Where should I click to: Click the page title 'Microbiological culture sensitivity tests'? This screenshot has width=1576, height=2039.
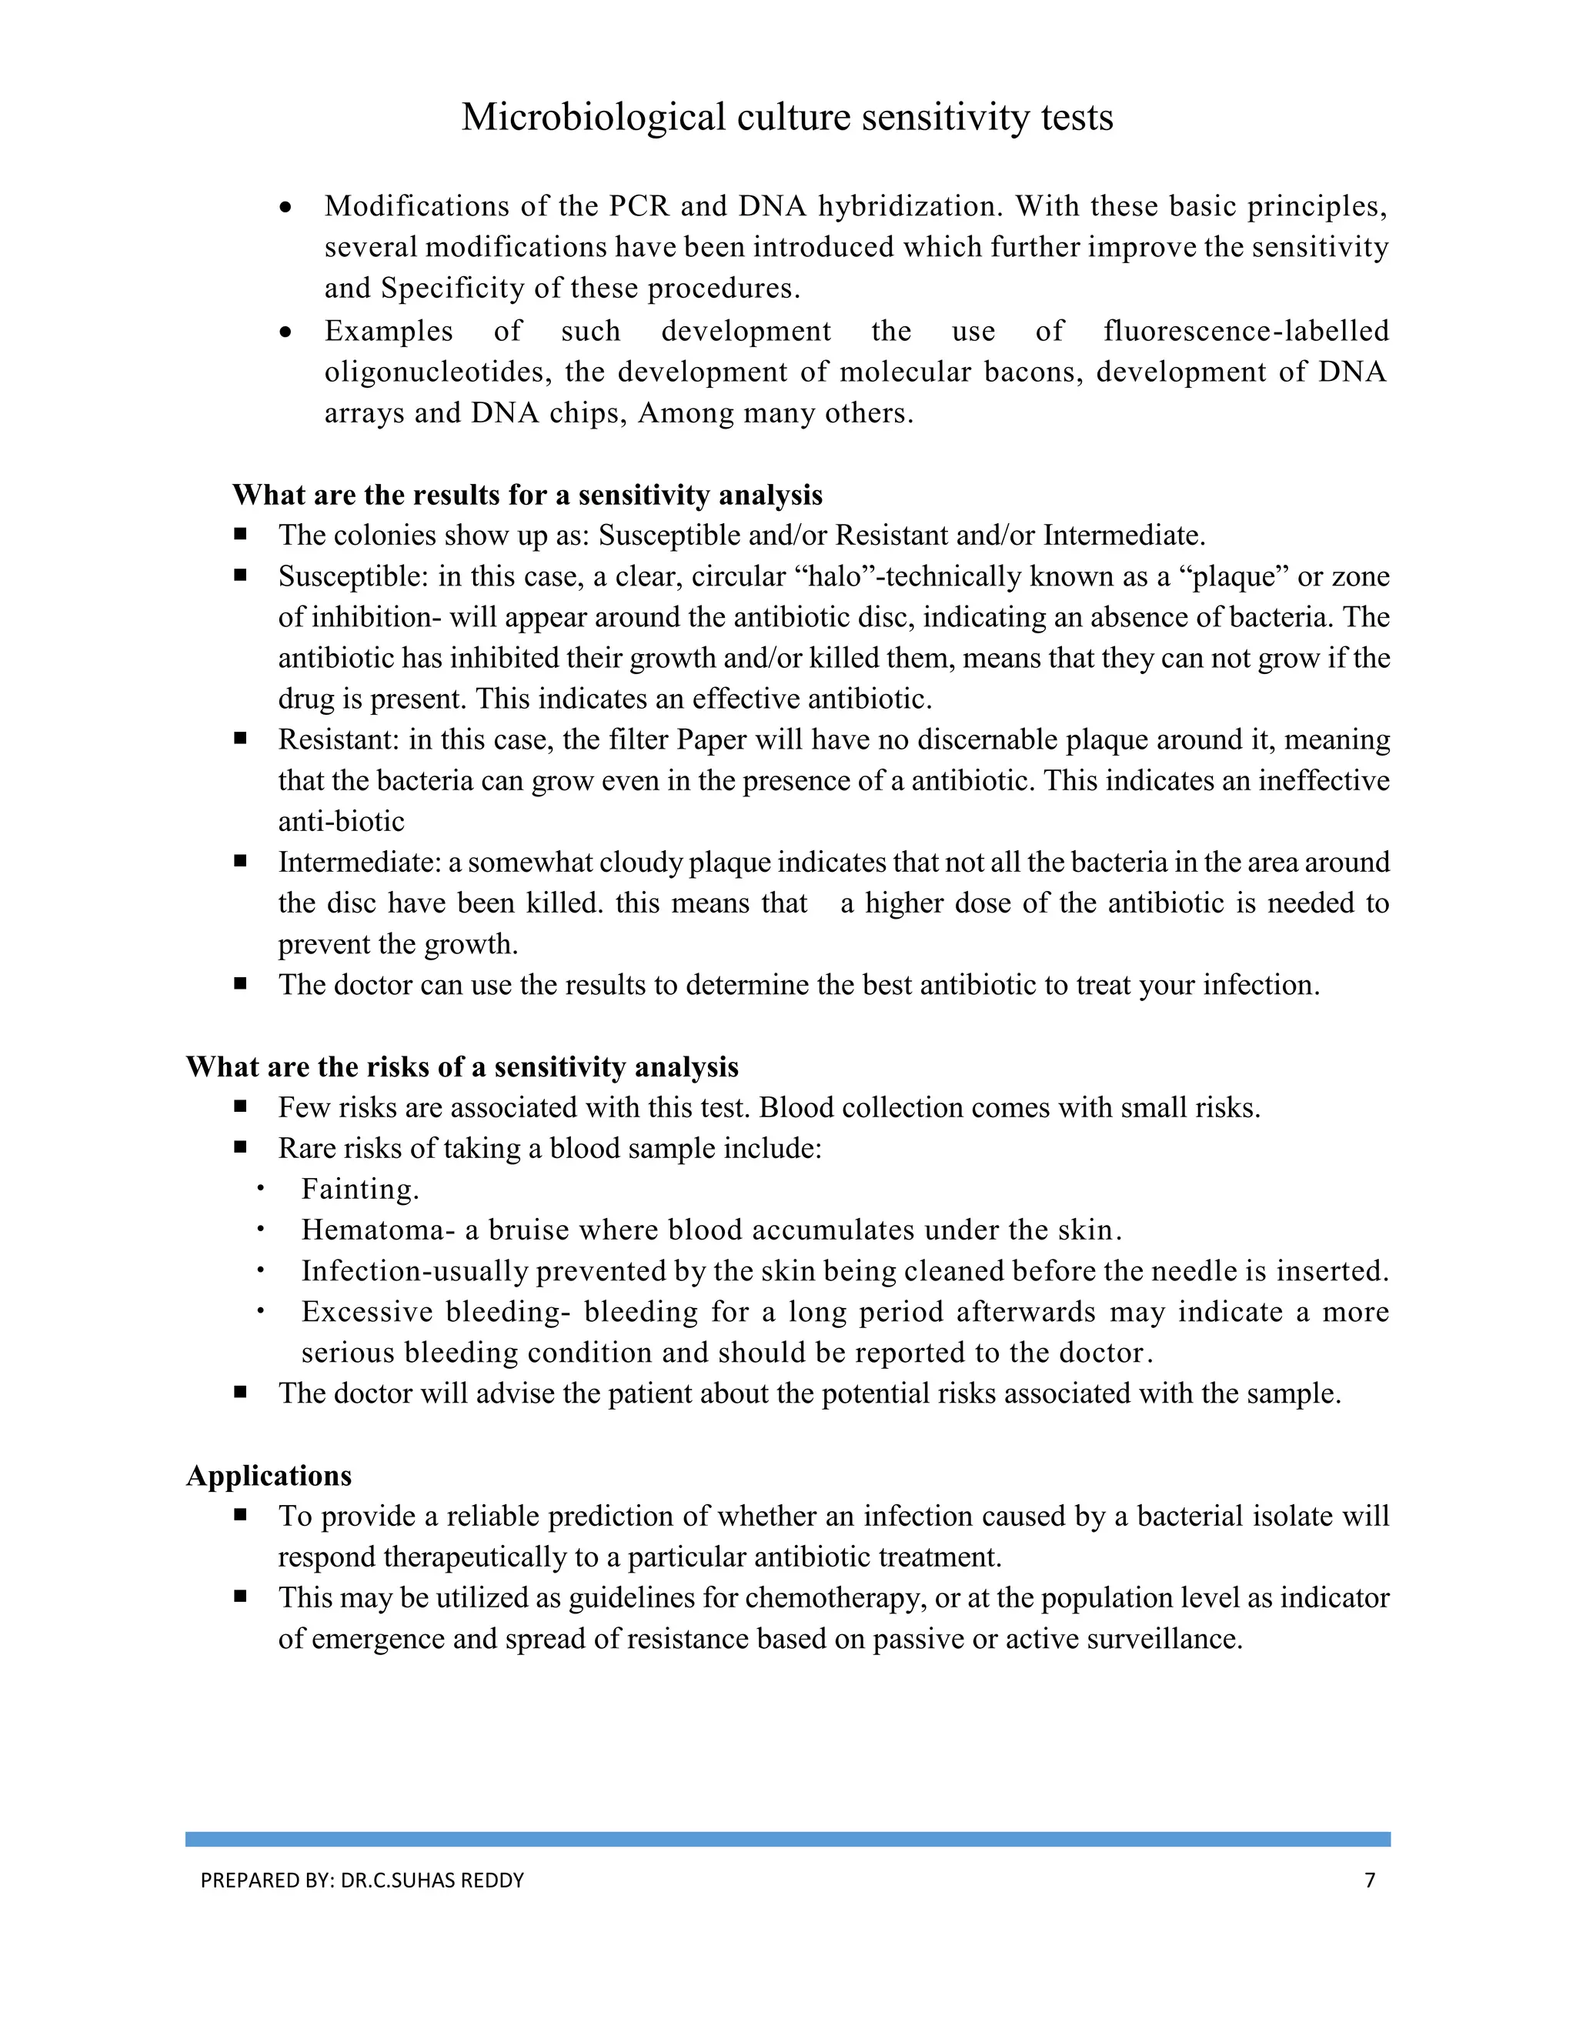[x=787, y=118]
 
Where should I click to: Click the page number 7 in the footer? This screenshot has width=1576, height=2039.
[x=1370, y=1880]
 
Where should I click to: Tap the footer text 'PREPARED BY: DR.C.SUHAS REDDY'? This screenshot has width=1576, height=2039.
[x=362, y=1880]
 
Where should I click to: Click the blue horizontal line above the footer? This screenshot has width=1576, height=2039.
[x=787, y=1839]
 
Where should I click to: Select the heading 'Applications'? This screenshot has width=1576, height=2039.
[x=269, y=1476]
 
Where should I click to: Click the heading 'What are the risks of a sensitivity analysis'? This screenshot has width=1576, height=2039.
[x=462, y=1067]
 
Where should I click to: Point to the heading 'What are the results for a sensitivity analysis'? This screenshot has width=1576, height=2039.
[x=527, y=495]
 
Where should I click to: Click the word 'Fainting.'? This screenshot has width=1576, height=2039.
[x=360, y=1190]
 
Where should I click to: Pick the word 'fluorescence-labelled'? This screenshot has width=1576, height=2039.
[x=1246, y=332]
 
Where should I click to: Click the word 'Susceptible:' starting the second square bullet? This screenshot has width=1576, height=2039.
[x=354, y=577]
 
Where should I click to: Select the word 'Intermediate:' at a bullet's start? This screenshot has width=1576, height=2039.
[x=359, y=863]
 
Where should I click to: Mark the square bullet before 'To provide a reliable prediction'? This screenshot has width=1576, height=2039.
[x=241, y=1515]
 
